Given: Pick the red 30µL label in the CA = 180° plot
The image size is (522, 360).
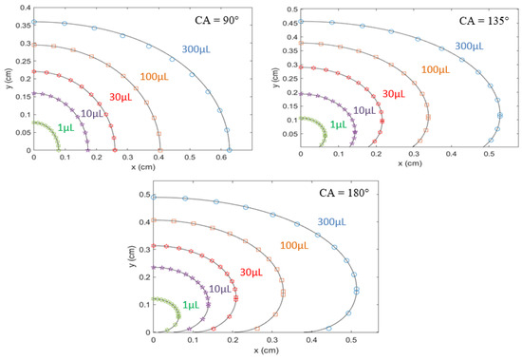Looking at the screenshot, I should [x=251, y=272].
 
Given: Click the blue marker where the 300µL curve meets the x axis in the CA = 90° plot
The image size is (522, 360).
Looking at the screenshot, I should [x=230, y=150].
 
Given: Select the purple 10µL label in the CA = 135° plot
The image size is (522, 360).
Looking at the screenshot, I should [x=364, y=111].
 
